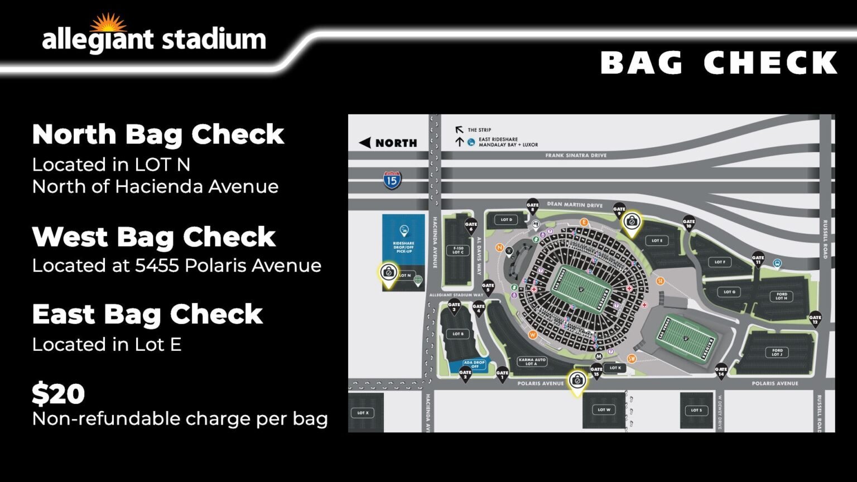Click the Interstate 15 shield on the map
392,180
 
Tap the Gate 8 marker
532,206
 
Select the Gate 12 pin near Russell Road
815,319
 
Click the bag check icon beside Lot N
388,273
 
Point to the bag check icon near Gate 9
632,221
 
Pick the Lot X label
363,413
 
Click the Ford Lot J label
777,353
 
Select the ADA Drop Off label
474,364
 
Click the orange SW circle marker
632,359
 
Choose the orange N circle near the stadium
500,247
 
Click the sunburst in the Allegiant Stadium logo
108,23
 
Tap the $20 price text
59,394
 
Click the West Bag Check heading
154,237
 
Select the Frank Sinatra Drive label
575,156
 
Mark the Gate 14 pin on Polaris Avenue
721,371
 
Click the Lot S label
696,410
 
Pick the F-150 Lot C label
458,250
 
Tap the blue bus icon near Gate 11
777,263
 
